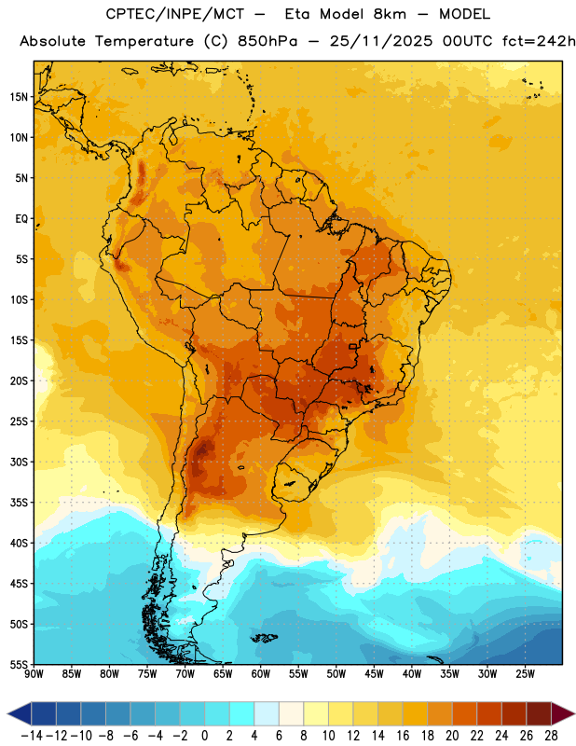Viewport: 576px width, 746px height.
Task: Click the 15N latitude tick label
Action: pyautogui.click(x=19, y=97)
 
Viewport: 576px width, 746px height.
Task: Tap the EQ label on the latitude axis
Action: pyautogui.click(x=21, y=219)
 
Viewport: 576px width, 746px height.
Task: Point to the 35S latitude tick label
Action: pyautogui.click(x=19, y=503)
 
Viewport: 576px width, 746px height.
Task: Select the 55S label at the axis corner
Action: pyautogui.click(x=19, y=664)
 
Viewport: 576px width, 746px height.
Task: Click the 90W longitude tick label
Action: pyautogui.click(x=34, y=674)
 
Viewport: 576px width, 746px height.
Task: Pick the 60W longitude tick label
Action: pyautogui.click(x=261, y=674)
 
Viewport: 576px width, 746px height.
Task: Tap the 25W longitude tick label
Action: pyautogui.click(x=525, y=674)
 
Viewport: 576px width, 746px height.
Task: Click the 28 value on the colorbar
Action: pyautogui.click(x=551, y=736)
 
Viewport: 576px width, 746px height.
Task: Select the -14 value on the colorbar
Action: pyautogui.click(x=32, y=736)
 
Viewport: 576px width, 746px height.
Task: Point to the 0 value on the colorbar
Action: pyautogui.click(x=204, y=736)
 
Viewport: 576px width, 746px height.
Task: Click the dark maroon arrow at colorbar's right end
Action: pyautogui.click(x=563, y=713)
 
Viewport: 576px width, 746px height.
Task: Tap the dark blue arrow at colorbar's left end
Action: pyautogui.click(x=20, y=713)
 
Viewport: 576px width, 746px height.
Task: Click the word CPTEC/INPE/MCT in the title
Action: pyautogui.click(x=174, y=14)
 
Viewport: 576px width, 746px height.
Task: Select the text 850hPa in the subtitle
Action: pyautogui.click(x=267, y=41)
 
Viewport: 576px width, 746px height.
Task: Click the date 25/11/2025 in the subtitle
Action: pyautogui.click(x=381, y=41)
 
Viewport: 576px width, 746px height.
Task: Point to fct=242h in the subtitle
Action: pyautogui.click(x=539, y=41)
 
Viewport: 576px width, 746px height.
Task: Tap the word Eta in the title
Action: pyautogui.click(x=297, y=14)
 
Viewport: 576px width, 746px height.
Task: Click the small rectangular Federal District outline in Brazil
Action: pyautogui.click(x=353, y=346)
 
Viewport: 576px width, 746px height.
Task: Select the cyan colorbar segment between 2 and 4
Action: pyautogui.click(x=242, y=713)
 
